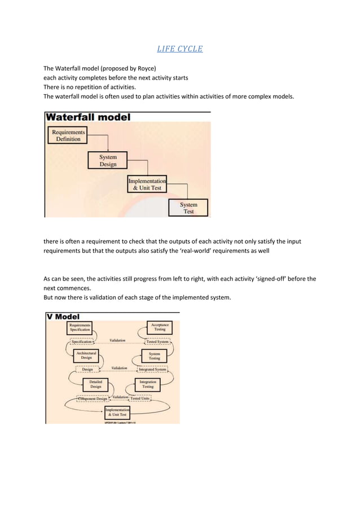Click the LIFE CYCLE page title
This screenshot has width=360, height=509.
(179, 49)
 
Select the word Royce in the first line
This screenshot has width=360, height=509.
(145, 68)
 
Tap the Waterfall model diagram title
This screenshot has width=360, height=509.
(88, 117)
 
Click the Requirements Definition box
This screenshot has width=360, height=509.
(68, 135)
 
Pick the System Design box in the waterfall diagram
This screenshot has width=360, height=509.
(108, 160)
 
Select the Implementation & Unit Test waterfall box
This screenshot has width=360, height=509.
(147, 184)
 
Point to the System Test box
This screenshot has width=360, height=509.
(188, 208)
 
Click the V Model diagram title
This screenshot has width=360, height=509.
(63, 317)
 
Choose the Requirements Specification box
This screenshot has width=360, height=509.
(80, 327)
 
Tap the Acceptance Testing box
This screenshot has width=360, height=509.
(160, 327)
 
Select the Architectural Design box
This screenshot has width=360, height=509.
(86, 356)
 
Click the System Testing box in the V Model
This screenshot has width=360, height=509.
(154, 356)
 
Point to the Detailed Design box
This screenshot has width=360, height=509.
(95, 384)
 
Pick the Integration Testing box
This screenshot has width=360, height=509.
(147, 384)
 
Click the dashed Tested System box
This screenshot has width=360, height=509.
(157, 341)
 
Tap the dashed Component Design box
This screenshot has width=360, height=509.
(93, 398)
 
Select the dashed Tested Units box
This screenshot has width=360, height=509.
(140, 398)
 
